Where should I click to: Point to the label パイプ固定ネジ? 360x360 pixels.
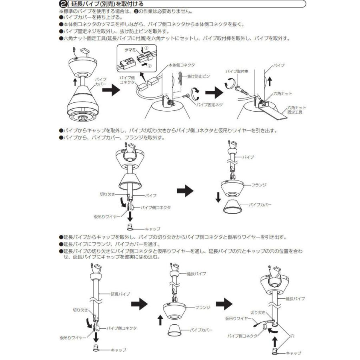point(208,104)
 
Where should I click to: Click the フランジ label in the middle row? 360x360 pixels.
point(260,185)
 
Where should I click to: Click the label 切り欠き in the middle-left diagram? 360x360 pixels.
point(106,195)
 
